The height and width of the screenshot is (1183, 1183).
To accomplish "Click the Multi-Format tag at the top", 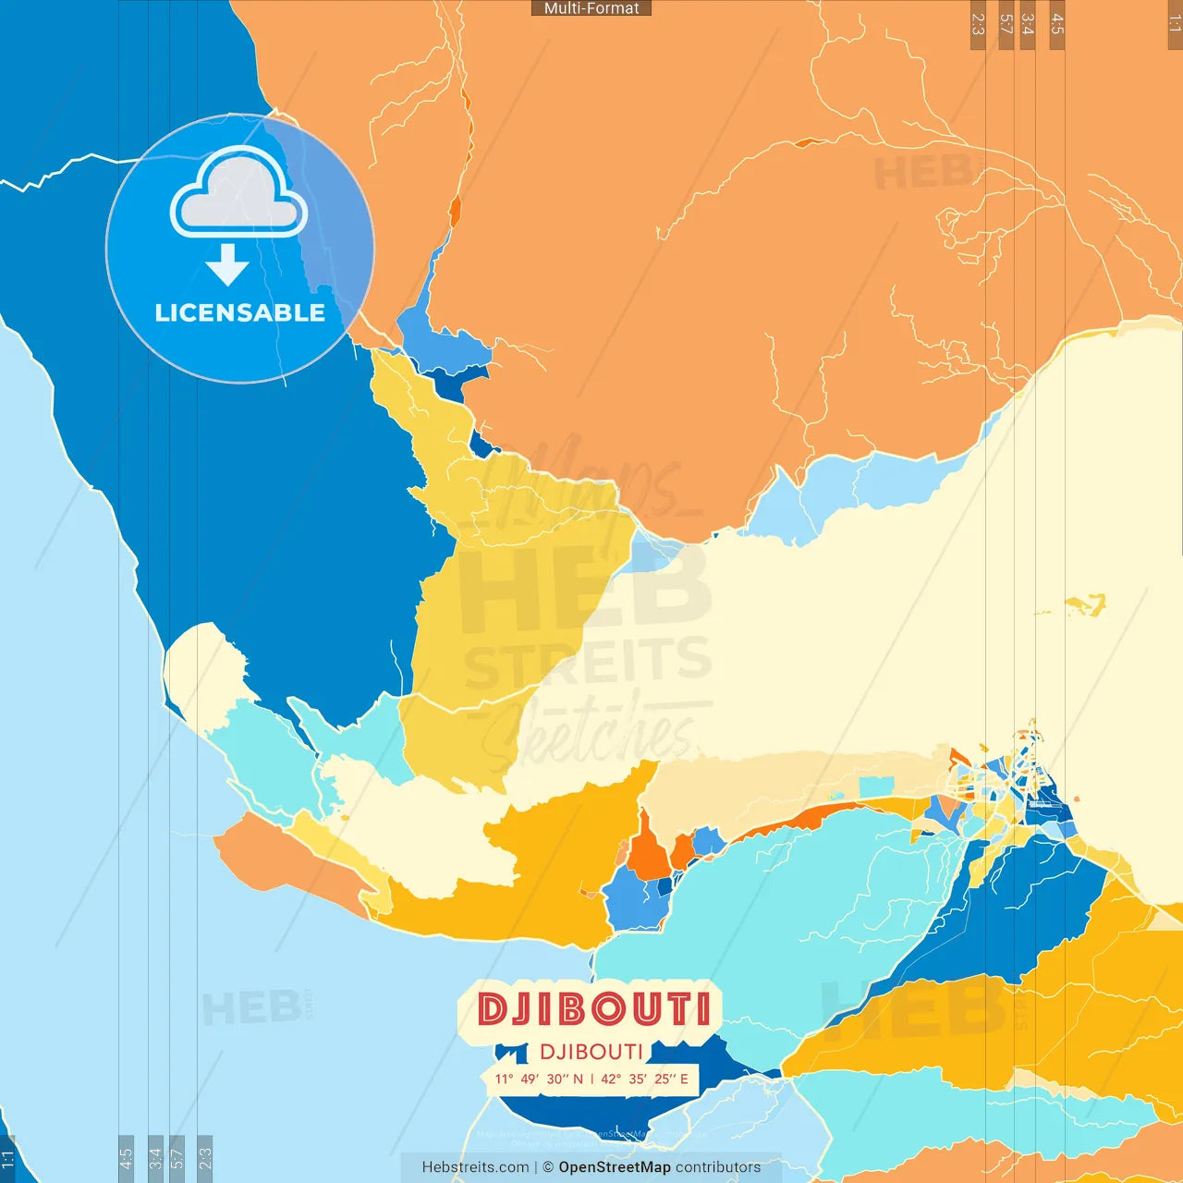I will [x=591, y=8].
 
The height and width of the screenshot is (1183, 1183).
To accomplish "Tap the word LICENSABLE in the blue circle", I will [x=240, y=312].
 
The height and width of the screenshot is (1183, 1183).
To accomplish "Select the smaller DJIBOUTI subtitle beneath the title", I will [x=591, y=1052].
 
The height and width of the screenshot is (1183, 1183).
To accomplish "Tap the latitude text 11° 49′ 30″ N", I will [x=539, y=1079].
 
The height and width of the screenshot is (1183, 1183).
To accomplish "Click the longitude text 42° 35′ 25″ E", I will [x=645, y=1079].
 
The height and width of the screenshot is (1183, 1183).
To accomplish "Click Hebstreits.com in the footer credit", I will [x=475, y=1167].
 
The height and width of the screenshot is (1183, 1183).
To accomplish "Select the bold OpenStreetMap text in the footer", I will [x=615, y=1167].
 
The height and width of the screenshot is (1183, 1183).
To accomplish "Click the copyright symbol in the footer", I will [x=548, y=1167].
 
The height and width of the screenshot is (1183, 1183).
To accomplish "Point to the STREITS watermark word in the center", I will [x=588, y=664].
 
